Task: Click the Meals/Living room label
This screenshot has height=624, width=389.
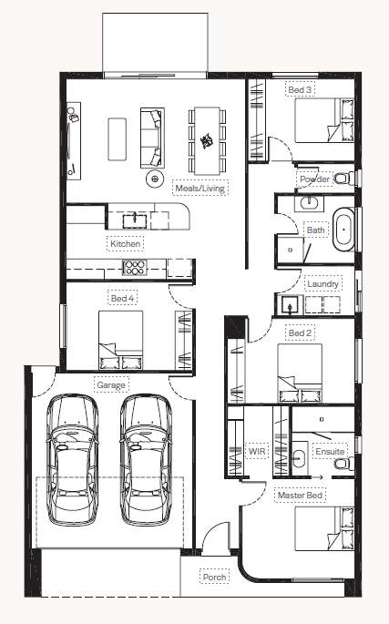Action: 200,189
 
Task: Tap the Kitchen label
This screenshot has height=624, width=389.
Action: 125,243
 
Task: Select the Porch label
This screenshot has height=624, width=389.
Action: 214,577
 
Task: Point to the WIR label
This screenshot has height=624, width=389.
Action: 257,451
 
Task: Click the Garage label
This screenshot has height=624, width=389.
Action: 111,384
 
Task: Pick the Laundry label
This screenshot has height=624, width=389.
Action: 322,283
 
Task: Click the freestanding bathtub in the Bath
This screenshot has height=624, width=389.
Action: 343,230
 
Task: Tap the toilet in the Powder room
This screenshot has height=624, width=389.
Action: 344,178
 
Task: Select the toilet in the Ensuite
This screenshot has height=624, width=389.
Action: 344,464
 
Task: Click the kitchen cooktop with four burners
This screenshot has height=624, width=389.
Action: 135,268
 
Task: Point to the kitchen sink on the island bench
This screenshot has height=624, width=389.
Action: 135,220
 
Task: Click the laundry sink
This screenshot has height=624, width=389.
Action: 291,304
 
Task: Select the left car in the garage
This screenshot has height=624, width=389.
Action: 73,460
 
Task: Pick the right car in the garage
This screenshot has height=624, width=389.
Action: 146,460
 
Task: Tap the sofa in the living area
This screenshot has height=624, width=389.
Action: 152,138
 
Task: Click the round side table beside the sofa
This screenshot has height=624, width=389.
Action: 155,179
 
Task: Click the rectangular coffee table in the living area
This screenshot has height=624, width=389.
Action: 117,138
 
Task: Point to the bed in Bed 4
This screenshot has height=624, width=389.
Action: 120,341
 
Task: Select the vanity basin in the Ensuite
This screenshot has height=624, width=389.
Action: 299,457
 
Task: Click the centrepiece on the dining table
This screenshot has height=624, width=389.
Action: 207,140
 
